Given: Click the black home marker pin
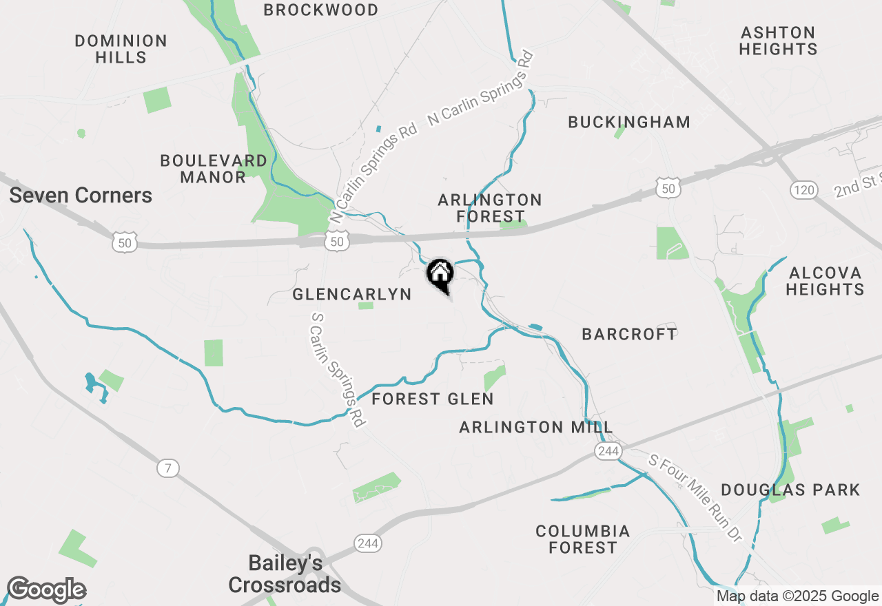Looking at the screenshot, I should click(x=440, y=275).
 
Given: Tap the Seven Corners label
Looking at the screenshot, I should click(x=81, y=196).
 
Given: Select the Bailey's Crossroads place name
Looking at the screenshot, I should click(x=285, y=574).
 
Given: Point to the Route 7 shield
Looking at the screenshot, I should click(x=167, y=468).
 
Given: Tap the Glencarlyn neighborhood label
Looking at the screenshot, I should click(x=352, y=295).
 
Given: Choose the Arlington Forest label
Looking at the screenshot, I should click(x=490, y=208).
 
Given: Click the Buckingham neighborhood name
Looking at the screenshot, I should click(x=629, y=123).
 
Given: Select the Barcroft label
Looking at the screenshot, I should click(x=630, y=334).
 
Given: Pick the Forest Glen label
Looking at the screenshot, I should click(x=433, y=399).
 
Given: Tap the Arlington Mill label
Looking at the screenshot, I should click(x=536, y=428).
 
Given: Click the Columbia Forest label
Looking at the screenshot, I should click(x=583, y=540).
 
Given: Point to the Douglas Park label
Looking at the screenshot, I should click(x=790, y=490).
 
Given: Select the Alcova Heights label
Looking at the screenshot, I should click(x=825, y=281).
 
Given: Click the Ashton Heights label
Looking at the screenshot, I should click(x=779, y=41).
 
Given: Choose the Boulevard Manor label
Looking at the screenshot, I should click(x=214, y=169).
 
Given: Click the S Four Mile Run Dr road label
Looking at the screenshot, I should click(x=695, y=497).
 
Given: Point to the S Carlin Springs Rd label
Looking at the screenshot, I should click(x=338, y=370).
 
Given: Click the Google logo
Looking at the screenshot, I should click(x=46, y=590).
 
